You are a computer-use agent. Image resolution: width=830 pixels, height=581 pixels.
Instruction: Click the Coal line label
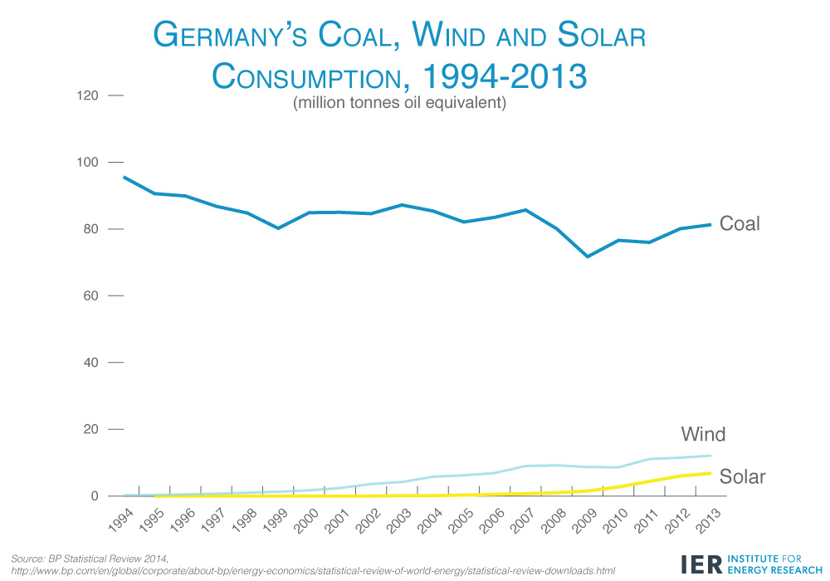[740, 223]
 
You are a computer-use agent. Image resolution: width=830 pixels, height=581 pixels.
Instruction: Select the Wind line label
[703, 434]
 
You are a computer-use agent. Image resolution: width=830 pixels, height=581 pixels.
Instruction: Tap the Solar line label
[742, 477]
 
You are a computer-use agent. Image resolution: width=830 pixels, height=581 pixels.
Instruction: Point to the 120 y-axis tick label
[89, 96]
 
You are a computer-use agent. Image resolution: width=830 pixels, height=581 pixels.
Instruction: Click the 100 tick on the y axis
[89, 163]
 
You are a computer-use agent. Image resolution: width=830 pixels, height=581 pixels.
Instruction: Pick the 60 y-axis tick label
[91, 296]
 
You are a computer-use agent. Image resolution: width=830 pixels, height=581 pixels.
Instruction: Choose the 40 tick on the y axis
[91, 363]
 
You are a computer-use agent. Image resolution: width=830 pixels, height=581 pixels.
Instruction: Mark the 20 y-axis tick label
[91, 429]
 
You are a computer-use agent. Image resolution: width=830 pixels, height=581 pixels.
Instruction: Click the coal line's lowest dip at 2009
[588, 256]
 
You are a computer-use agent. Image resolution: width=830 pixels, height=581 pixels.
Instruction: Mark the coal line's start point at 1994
[124, 177]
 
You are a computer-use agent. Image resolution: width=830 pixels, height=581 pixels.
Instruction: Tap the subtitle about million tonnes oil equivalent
[398, 105]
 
